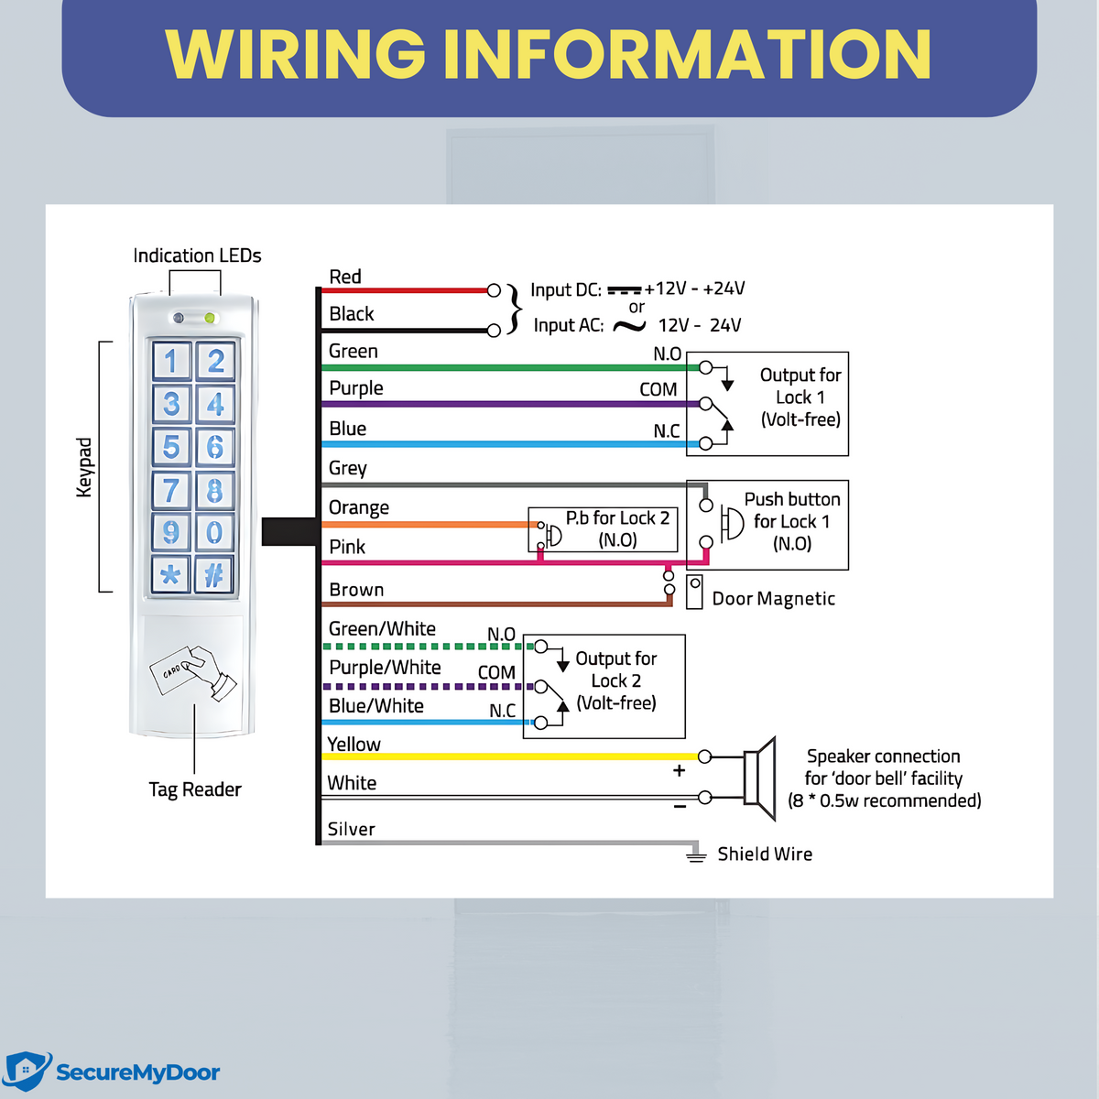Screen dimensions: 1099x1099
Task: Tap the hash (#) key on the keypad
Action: pyautogui.click(x=214, y=575)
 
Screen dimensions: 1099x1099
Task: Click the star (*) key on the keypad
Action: pyautogui.click(x=170, y=575)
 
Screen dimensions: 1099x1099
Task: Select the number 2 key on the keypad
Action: pyautogui.click(x=215, y=361)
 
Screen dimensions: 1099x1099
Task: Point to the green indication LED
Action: pyautogui.click(x=210, y=318)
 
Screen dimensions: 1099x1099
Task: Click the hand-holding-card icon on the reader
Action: pyautogui.click(x=193, y=674)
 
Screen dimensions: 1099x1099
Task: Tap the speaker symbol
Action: pyautogui.click(x=759, y=778)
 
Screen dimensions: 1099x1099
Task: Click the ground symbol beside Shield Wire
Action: pyautogui.click(x=696, y=855)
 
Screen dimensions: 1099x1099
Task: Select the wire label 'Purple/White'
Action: pyautogui.click(x=385, y=668)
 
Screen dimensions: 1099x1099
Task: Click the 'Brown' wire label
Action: pyautogui.click(x=356, y=590)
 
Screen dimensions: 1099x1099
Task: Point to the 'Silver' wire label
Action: pyautogui.click(x=351, y=829)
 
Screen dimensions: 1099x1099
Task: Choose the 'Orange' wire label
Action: pyautogui.click(x=358, y=507)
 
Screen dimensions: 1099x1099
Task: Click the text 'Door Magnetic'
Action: pyautogui.click(x=773, y=599)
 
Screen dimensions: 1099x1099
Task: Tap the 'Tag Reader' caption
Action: pyautogui.click(x=195, y=789)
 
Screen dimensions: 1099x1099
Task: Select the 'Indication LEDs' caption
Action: pyautogui.click(x=197, y=256)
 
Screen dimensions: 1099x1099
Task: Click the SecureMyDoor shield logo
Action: pyautogui.click(x=27, y=1072)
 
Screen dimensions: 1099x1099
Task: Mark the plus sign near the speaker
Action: pyautogui.click(x=679, y=770)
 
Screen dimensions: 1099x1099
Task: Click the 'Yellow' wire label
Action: pyautogui.click(x=354, y=745)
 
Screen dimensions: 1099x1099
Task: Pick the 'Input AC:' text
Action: pyautogui.click(x=568, y=325)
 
